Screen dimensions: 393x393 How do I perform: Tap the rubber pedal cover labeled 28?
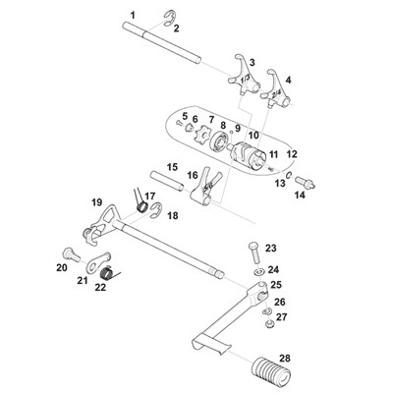point(271,369)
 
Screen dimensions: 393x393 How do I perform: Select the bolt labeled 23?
point(255,252)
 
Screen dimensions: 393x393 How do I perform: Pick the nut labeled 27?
point(269,325)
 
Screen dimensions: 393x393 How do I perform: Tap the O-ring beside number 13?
point(289,175)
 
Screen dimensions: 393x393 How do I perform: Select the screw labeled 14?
point(306,182)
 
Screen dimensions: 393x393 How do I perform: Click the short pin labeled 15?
point(168,180)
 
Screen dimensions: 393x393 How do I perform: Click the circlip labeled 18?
point(156,211)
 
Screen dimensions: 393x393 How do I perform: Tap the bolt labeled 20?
point(71,254)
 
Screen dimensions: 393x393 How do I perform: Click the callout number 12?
point(292,153)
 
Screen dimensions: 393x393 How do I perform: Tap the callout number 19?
point(96,202)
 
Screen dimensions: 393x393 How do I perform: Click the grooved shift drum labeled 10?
point(248,156)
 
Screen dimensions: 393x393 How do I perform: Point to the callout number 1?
point(133,15)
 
